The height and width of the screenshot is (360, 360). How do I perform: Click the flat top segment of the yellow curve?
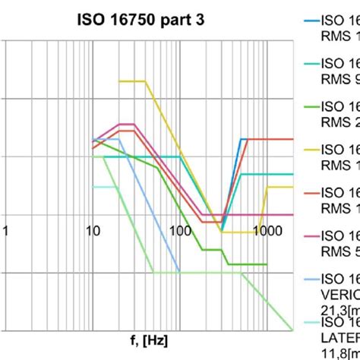131,81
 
